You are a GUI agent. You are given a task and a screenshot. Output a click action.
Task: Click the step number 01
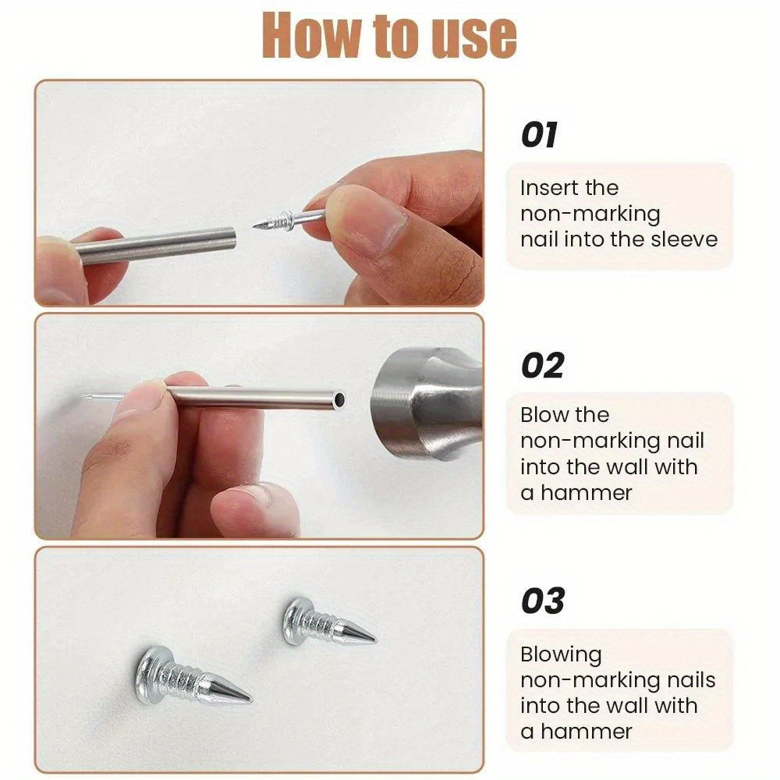(x=539, y=135)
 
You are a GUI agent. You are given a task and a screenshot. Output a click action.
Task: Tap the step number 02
(x=542, y=366)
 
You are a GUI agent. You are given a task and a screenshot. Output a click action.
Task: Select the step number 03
(x=542, y=601)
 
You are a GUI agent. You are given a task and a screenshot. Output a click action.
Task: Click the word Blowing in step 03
(x=561, y=654)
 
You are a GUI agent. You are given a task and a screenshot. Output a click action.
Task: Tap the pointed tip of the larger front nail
(x=246, y=694)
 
